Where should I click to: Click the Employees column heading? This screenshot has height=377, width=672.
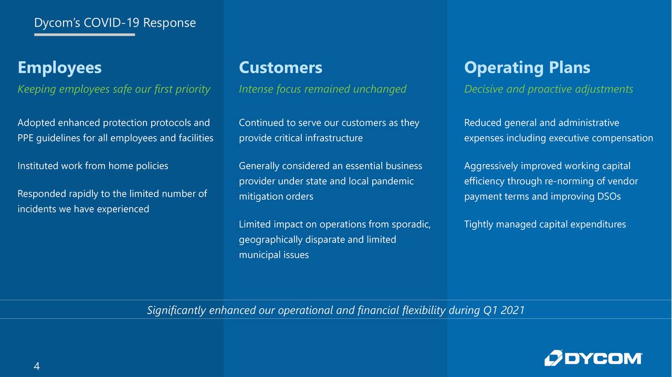(x=59, y=68)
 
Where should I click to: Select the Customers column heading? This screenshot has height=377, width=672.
(x=280, y=68)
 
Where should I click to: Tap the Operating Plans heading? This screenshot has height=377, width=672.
(x=527, y=68)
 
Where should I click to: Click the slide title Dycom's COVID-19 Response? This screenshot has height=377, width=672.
(x=115, y=23)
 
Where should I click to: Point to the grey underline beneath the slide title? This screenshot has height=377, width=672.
(x=85, y=35)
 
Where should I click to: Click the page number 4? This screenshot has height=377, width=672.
(x=37, y=366)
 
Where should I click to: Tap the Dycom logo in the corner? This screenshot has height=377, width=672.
(x=593, y=358)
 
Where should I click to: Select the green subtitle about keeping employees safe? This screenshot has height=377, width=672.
(x=114, y=89)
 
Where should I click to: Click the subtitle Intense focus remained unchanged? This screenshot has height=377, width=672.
(x=322, y=89)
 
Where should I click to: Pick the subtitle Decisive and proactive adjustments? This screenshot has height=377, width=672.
(x=549, y=89)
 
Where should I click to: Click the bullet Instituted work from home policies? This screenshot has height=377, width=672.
(x=93, y=166)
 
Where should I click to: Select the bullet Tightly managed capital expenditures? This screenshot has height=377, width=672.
(x=545, y=224)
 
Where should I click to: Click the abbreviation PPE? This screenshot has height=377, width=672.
(x=26, y=138)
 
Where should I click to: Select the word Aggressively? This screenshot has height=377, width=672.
(x=491, y=166)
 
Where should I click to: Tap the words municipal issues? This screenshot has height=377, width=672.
(x=274, y=255)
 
